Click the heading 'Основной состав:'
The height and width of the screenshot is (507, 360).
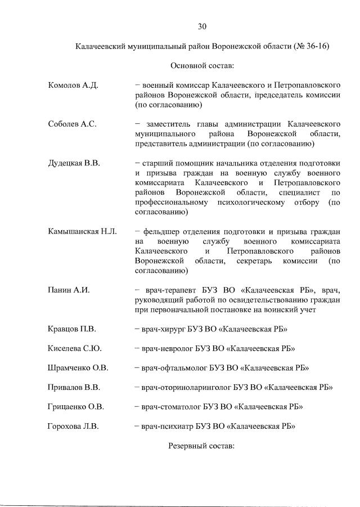point(202,66)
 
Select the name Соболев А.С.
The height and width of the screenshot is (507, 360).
point(72,124)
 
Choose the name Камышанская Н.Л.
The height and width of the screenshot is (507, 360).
point(82,231)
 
